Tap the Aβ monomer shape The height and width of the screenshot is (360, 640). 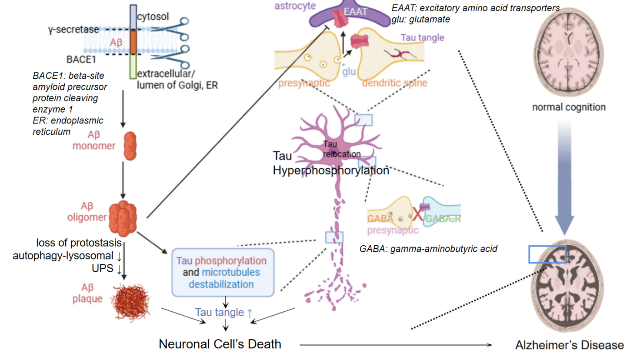130,146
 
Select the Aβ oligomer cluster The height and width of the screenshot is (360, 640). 123,218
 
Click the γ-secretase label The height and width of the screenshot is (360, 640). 73,30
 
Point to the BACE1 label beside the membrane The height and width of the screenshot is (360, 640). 81,60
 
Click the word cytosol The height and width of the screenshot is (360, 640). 153,17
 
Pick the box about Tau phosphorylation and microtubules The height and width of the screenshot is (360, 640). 223,273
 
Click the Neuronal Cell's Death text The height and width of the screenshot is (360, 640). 220,344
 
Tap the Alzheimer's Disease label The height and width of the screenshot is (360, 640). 569,345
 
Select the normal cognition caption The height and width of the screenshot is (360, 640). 569,107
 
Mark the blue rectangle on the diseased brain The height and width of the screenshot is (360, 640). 547,254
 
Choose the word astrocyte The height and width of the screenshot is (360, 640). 295,6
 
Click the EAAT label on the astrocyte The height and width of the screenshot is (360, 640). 355,12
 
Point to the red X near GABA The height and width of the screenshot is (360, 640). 418,213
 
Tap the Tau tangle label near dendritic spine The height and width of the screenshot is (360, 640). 422,38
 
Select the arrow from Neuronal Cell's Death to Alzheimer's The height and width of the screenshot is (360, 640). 396,345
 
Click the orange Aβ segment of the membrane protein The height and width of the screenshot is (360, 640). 133,42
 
